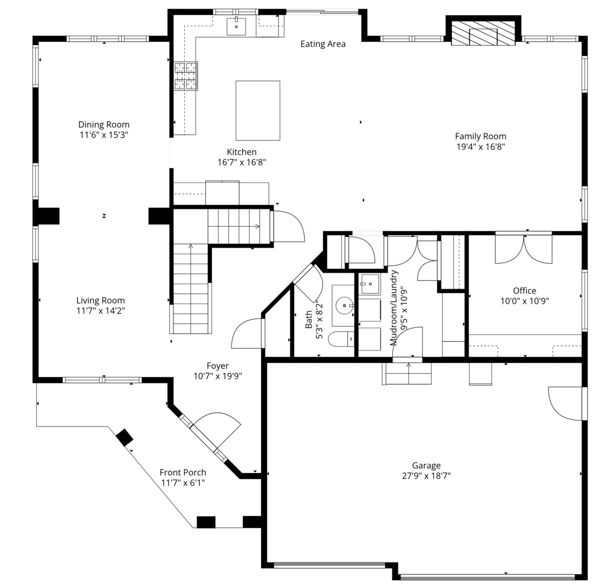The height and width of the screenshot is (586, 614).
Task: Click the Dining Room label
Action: coord(104,125)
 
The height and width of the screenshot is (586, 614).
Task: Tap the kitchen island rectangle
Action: coord(257,111)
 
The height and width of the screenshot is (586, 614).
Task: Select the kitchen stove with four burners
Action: coord(186,76)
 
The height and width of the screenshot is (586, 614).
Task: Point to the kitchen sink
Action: coord(236,26)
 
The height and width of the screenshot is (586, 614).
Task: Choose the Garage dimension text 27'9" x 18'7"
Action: coord(426,476)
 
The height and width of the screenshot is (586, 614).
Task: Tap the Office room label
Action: coord(525,290)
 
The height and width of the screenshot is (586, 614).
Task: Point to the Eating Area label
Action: coord(323,44)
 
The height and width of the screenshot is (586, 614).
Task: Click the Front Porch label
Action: coord(183,473)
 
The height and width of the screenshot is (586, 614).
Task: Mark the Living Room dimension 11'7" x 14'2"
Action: coord(101,311)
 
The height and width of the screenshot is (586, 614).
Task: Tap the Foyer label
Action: coord(218,366)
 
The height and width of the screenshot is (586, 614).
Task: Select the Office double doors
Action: coord(524,249)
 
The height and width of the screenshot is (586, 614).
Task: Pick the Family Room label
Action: coord(481,136)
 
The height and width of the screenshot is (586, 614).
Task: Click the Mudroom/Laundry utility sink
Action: coord(370,284)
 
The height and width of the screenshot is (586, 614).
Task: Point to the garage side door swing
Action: coord(565,404)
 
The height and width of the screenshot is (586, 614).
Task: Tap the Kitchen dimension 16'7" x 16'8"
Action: coord(242,162)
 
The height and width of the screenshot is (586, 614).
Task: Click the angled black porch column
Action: coord(125,437)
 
